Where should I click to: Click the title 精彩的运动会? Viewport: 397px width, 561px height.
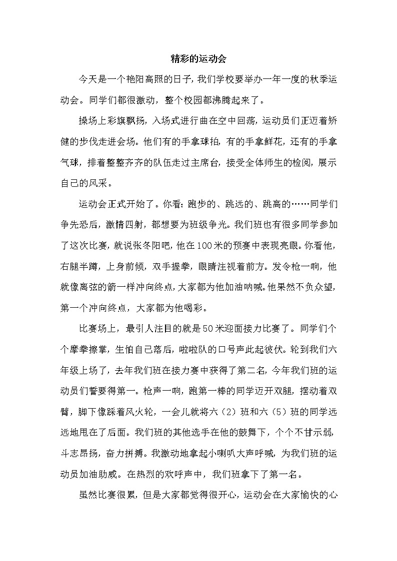click(x=198, y=59)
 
